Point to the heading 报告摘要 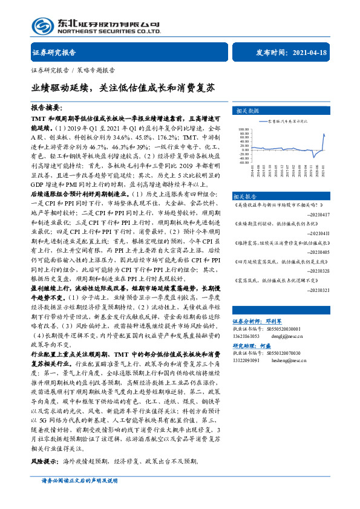tap(47, 105)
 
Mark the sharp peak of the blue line tap(324, 134)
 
